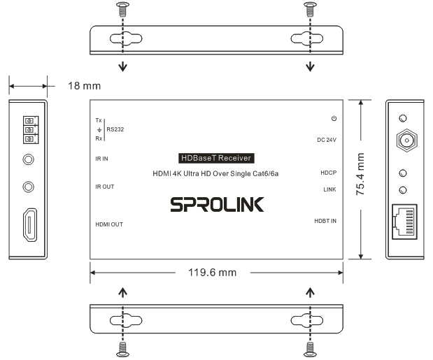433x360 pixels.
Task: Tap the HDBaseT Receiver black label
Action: point(216,159)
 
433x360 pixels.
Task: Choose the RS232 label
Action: point(115,129)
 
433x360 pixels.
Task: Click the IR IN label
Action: point(102,159)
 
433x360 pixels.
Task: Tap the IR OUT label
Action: point(104,187)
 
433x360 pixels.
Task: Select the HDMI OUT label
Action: point(109,224)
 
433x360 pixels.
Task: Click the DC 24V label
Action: point(327,140)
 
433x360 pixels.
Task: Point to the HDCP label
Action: point(329,172)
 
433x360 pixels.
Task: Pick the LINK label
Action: point(330,189)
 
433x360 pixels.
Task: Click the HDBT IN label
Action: point(325,221)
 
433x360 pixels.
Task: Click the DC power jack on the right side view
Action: point(404,142)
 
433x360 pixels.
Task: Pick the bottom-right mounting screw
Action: point(310,347)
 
